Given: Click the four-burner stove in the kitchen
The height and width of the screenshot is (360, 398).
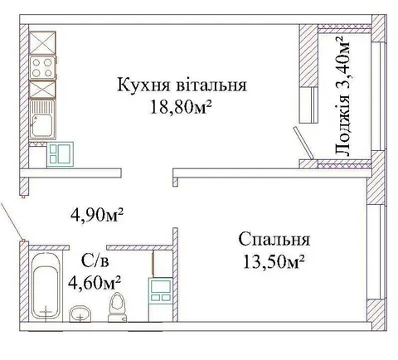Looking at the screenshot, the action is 43,67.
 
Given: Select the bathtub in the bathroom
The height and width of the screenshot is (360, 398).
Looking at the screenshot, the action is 46,285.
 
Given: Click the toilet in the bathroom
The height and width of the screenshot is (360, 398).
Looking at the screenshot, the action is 118,307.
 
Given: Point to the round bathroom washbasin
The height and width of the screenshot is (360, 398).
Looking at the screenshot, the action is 80,314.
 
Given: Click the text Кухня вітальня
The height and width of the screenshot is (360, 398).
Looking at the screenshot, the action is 182,85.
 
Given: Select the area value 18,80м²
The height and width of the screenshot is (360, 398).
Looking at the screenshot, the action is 181,107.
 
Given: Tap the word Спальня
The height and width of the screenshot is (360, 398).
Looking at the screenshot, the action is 274,240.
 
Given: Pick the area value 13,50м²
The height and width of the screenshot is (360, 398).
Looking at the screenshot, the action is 274,261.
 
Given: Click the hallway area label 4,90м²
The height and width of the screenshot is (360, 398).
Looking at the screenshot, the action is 97,215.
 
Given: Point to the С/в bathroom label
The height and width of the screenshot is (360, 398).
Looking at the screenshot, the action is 95,261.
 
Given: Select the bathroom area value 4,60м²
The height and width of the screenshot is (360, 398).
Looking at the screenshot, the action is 95,283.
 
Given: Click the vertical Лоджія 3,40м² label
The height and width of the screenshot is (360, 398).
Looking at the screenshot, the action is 342,95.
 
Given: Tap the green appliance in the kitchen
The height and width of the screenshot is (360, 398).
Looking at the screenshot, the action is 61,154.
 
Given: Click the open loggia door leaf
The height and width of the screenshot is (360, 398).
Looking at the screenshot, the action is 303,144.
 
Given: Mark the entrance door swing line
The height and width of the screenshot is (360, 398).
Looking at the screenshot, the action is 12,221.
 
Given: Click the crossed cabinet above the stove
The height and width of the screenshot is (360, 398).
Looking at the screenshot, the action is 42,43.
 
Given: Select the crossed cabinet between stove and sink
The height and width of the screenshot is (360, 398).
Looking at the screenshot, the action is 42,90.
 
